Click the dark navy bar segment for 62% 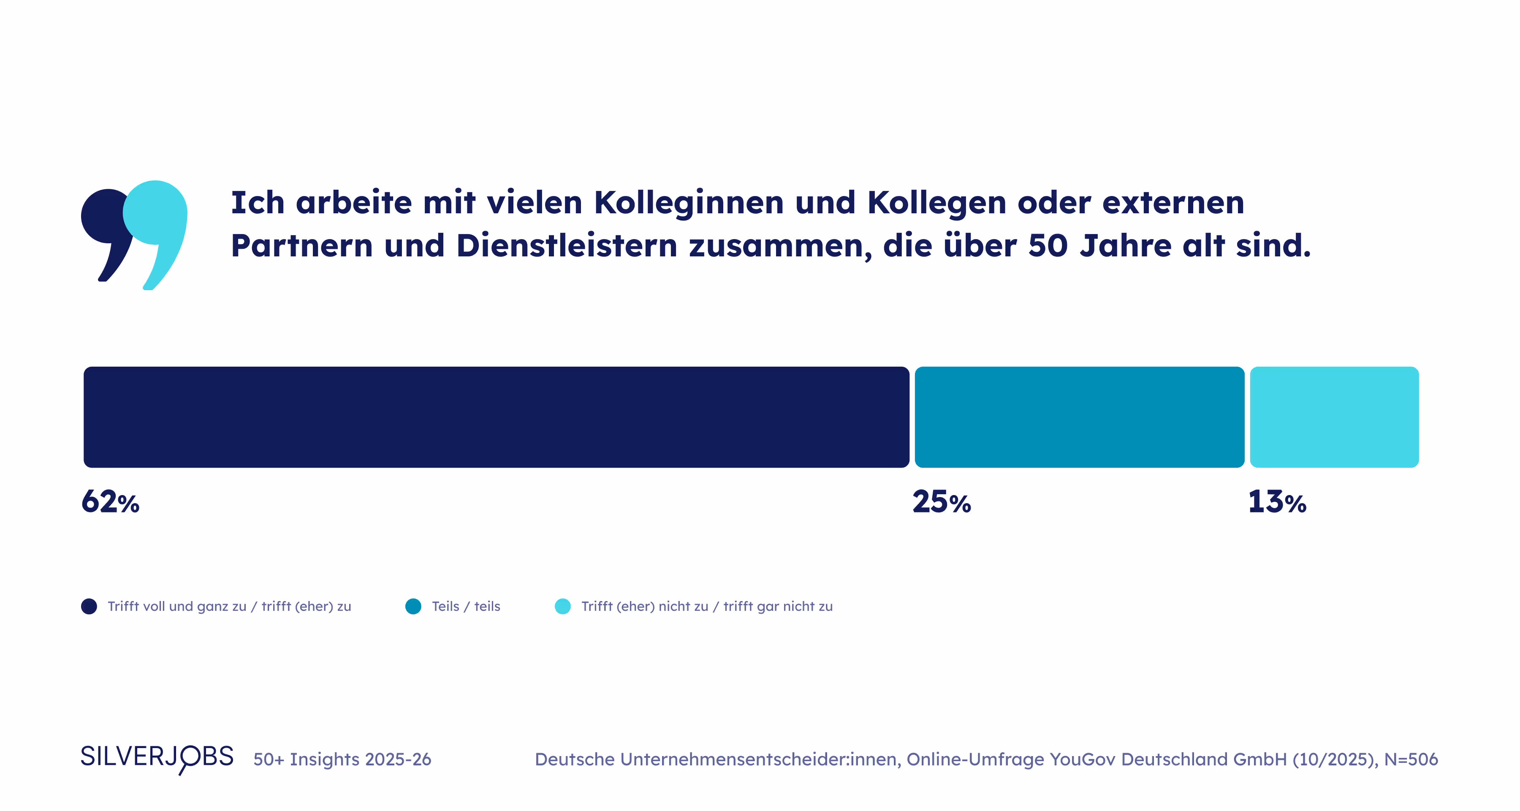click(496, 417)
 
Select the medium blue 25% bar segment click(1079, 417)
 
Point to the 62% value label click(110, 502)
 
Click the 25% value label click(941, 502)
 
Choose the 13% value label click(1277, 502)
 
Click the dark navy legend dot click(89, 606)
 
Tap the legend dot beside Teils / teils click(413, 606)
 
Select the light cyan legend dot click(563, 606)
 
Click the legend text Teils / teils click(466, 606)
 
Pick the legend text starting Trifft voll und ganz click(229, 606)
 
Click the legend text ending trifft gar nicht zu click(706, 606)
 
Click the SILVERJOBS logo click(157, 757)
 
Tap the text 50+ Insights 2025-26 click(342, 759)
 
